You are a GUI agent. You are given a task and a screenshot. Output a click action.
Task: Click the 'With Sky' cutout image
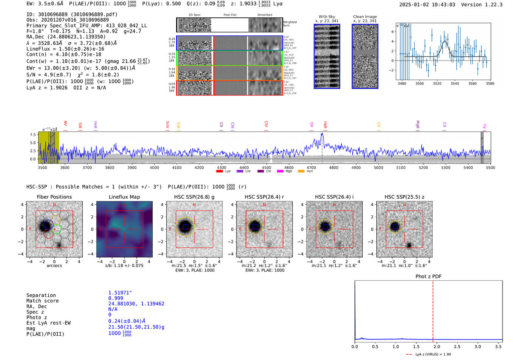[x=327, y=56]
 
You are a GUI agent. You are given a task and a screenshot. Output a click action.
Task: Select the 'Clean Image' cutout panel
[x=365, y=56]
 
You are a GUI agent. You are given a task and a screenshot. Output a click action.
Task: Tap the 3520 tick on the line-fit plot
[x=437, y=83]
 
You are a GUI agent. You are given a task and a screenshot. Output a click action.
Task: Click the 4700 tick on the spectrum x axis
[x=311, y=167]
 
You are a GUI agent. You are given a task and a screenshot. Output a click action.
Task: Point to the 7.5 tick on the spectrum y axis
[x=33, y=135]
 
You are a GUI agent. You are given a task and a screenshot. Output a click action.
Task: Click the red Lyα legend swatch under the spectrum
[x=219, y=172]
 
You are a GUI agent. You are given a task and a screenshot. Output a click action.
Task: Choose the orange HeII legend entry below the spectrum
[x=301, y=172]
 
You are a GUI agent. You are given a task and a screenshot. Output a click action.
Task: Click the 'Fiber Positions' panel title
[x=54, y=197]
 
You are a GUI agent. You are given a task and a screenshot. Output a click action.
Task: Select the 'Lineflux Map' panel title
[x=124, y=197]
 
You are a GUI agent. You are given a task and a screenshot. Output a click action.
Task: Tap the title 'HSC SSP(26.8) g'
[x=194, y=197]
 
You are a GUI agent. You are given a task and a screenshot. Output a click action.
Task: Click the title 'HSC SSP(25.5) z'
[x=404, y=197]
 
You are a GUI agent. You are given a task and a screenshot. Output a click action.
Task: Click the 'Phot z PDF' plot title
[x=428, y=277]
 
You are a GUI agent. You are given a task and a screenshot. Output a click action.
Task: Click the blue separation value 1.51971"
[x=120, y=293]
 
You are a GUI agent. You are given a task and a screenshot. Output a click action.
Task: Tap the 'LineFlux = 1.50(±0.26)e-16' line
[x=65, y=49]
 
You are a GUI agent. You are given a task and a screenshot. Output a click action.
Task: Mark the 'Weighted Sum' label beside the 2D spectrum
[x=290, y=24]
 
